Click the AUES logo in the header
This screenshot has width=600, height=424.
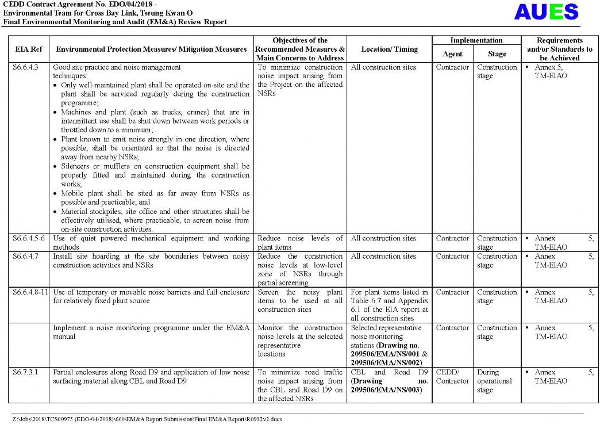(546, 12)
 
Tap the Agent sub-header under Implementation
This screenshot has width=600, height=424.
(452, 54)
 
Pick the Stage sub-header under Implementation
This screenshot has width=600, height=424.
(497, 54)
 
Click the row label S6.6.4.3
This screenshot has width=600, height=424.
(25, 67)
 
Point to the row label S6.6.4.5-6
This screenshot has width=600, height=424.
(29, 239)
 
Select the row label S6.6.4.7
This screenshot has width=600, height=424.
(25, 257)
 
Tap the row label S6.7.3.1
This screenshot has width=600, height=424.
(25, 372)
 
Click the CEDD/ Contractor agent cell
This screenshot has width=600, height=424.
(452, 377)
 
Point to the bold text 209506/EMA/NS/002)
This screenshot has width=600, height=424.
(389, 362)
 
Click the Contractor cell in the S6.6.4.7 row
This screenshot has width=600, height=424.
(452, 257)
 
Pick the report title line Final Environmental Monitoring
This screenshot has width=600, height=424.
(115, 22)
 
